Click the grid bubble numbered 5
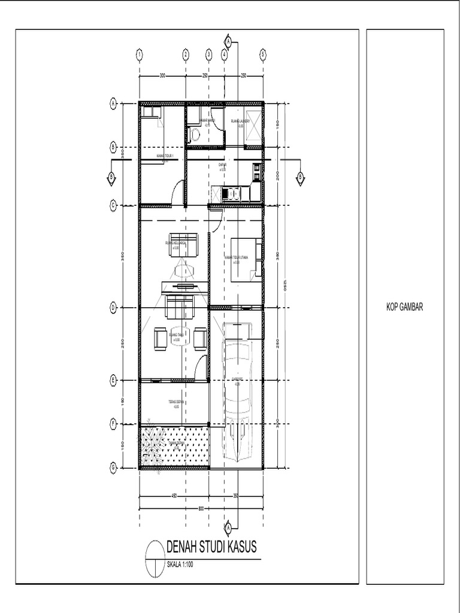tap(263, 54)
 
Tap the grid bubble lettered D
tap(113, 307)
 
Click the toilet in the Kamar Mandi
tap(190, 135)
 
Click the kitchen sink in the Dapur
tap(230, 193)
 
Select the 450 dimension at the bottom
tap(174, 496)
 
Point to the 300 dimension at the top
tap(162, 75)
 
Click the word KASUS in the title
tap(238, 547)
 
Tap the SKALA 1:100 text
tap(181, 563)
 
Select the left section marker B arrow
tap(111, 176)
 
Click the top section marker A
tap(228, 41)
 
